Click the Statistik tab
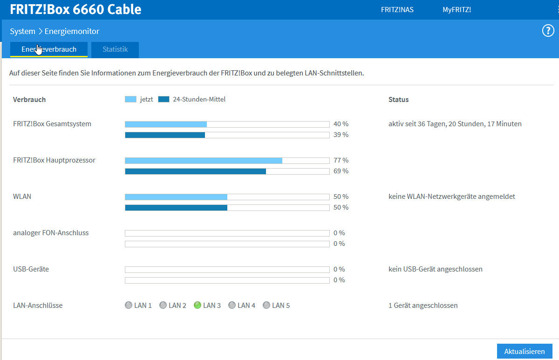click(115, 49)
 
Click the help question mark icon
click(548, 31)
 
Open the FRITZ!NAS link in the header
click(397, 10)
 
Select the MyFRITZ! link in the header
click(457, 10)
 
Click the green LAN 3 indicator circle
click(198, 306)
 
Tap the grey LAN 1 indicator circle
click(129, 306)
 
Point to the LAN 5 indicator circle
click(266, 306)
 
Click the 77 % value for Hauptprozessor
click(341, 160)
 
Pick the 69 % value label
click(341, 171)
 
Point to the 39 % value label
click(341, 135)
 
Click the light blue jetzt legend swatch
click(130, 99)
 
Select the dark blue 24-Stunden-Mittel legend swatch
click(164, 99)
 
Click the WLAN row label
click(22, 197)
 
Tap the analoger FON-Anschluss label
click(51, 233)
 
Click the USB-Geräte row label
click(31, 269)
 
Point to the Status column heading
click(398, 100)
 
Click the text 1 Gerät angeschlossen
click(423, 306)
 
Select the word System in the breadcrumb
click(22, 31)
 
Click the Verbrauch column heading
click(29, 100)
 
